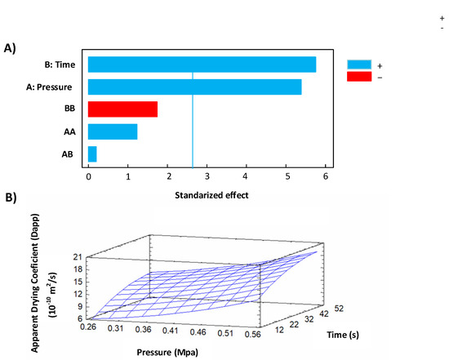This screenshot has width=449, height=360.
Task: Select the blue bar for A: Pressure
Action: pos(194,87)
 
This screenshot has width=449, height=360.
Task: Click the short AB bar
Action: pos(92,153)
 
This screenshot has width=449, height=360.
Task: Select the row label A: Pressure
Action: pos(57,87)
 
